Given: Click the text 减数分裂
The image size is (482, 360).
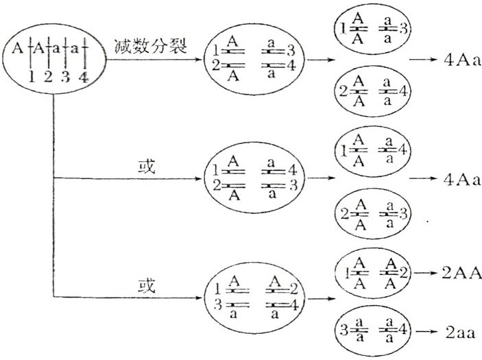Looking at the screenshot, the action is pyautogui.click(x=151, y=46).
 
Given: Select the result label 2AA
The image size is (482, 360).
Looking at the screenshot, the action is pyautogui.click(x=461, y=273).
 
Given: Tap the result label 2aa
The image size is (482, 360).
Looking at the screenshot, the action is pyautogui.click(x=461, y=333).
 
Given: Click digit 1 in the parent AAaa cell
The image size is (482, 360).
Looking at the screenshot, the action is pyautogui.click(x=32, y=77).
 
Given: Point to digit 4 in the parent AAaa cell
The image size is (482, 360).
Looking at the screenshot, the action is pyautogui.click(x=84, y=77).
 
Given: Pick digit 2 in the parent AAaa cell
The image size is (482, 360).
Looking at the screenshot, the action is pyautogui.click(x=48, y=77).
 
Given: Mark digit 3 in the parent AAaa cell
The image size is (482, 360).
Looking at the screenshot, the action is pyautogui.click(x=65, y=77).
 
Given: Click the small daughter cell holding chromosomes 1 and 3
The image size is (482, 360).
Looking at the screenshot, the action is pyautogui.click(x=372, y=29).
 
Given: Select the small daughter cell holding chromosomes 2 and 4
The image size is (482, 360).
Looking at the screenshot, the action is pyautogui.click(x=372, y=91).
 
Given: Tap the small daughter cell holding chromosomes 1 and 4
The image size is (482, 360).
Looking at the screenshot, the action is pyautogui.click(x=372, y=151).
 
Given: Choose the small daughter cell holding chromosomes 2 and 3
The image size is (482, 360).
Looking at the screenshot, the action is pyautogui.click(x=372, y=214).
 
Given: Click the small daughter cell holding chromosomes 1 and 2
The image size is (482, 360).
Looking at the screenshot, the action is pyautogui.click(x=372, y=273).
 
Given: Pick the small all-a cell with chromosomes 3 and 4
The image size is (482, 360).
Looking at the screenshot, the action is pyautogui.click(x=372, y=331).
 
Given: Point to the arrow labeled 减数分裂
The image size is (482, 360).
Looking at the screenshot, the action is pyautogui.click(x=153, y=59).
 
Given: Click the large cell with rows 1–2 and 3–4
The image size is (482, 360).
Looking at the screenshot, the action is pyautogui.click(x=254, y=60).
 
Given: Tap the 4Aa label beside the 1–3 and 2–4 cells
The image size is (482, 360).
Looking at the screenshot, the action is pyautogui.click(x=462, y=60).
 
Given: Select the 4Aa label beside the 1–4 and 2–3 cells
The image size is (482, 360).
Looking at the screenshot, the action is pyautogui.click(x=462, y=180).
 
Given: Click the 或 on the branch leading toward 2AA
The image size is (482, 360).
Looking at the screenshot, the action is pyautogui.click(x=146, y=286).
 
